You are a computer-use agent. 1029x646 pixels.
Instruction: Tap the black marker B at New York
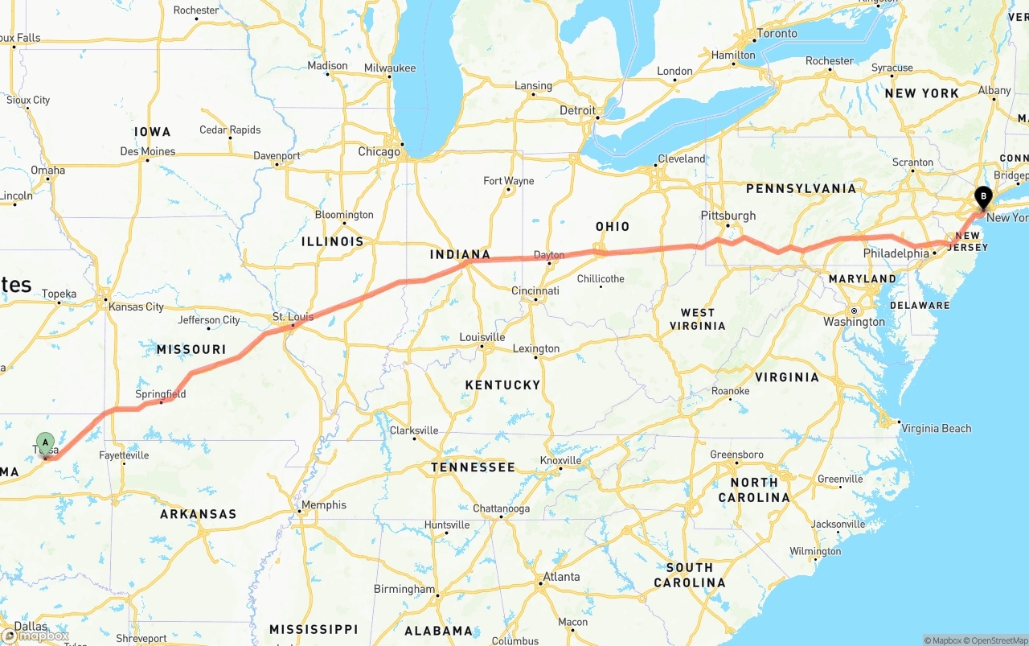[x=982, y=196]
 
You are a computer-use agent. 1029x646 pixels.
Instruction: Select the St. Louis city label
[x=293, y=317]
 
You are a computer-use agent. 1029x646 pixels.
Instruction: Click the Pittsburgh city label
[x=728, y=216]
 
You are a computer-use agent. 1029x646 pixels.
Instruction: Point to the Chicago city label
[x=379, y=152]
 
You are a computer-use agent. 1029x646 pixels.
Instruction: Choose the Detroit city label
[x=577, y=110]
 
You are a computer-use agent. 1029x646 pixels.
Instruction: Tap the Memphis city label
[x=324, y=505]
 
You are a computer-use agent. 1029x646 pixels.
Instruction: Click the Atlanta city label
[x=561, y=577]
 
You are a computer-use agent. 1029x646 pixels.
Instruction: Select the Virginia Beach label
[x=936, y=429]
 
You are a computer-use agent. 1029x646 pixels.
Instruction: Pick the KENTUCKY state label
[x=502, y=385]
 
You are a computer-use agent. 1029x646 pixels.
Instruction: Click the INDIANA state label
[x=460, y=255]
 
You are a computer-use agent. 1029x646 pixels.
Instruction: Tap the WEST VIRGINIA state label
[x=697, y=319]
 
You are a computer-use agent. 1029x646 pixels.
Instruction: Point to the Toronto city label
[x=777, y=34]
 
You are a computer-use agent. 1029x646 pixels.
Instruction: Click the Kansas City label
[x=136, y=307]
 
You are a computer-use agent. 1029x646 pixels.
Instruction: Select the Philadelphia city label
[x=896, y=253]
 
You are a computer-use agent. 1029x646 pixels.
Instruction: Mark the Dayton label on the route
[x=549, y=255]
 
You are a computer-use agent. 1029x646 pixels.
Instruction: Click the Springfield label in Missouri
[x=161, y=394]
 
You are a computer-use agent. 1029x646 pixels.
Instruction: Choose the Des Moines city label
[x=148, y=151]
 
